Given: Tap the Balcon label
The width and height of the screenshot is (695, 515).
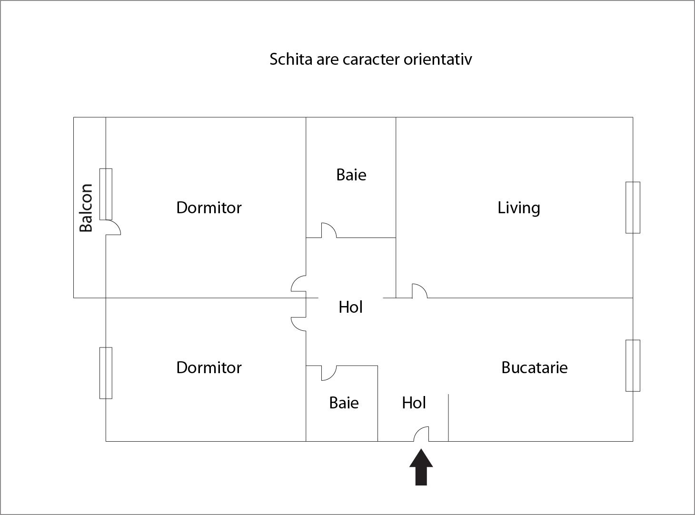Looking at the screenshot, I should (86, 208).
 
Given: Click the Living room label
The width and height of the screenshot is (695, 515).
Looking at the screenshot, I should (519, 208).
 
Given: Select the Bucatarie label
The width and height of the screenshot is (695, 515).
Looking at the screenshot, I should (534, 367).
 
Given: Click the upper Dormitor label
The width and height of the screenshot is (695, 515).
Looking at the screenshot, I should (209, 208).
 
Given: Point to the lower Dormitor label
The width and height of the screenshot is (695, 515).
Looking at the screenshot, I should (209, 367).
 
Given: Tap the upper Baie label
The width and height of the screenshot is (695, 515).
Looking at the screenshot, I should (351, 175).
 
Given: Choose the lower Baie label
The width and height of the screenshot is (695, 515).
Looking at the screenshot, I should (344, 403).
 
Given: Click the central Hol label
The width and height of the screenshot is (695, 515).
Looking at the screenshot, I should (351, 307).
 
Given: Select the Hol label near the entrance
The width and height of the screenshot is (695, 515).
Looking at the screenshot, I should (414, 403).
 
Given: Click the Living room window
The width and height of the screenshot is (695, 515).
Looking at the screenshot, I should (633, 208).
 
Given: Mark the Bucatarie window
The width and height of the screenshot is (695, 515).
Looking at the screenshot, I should (633, 366).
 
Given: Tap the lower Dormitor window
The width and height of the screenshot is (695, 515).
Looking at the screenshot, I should (106, 373).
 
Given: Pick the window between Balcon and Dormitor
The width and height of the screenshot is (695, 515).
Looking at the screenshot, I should (106, 194).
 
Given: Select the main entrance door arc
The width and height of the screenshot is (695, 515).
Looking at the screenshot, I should (421, 434).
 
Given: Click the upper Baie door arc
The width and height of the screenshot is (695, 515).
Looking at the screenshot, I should (329, 230).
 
